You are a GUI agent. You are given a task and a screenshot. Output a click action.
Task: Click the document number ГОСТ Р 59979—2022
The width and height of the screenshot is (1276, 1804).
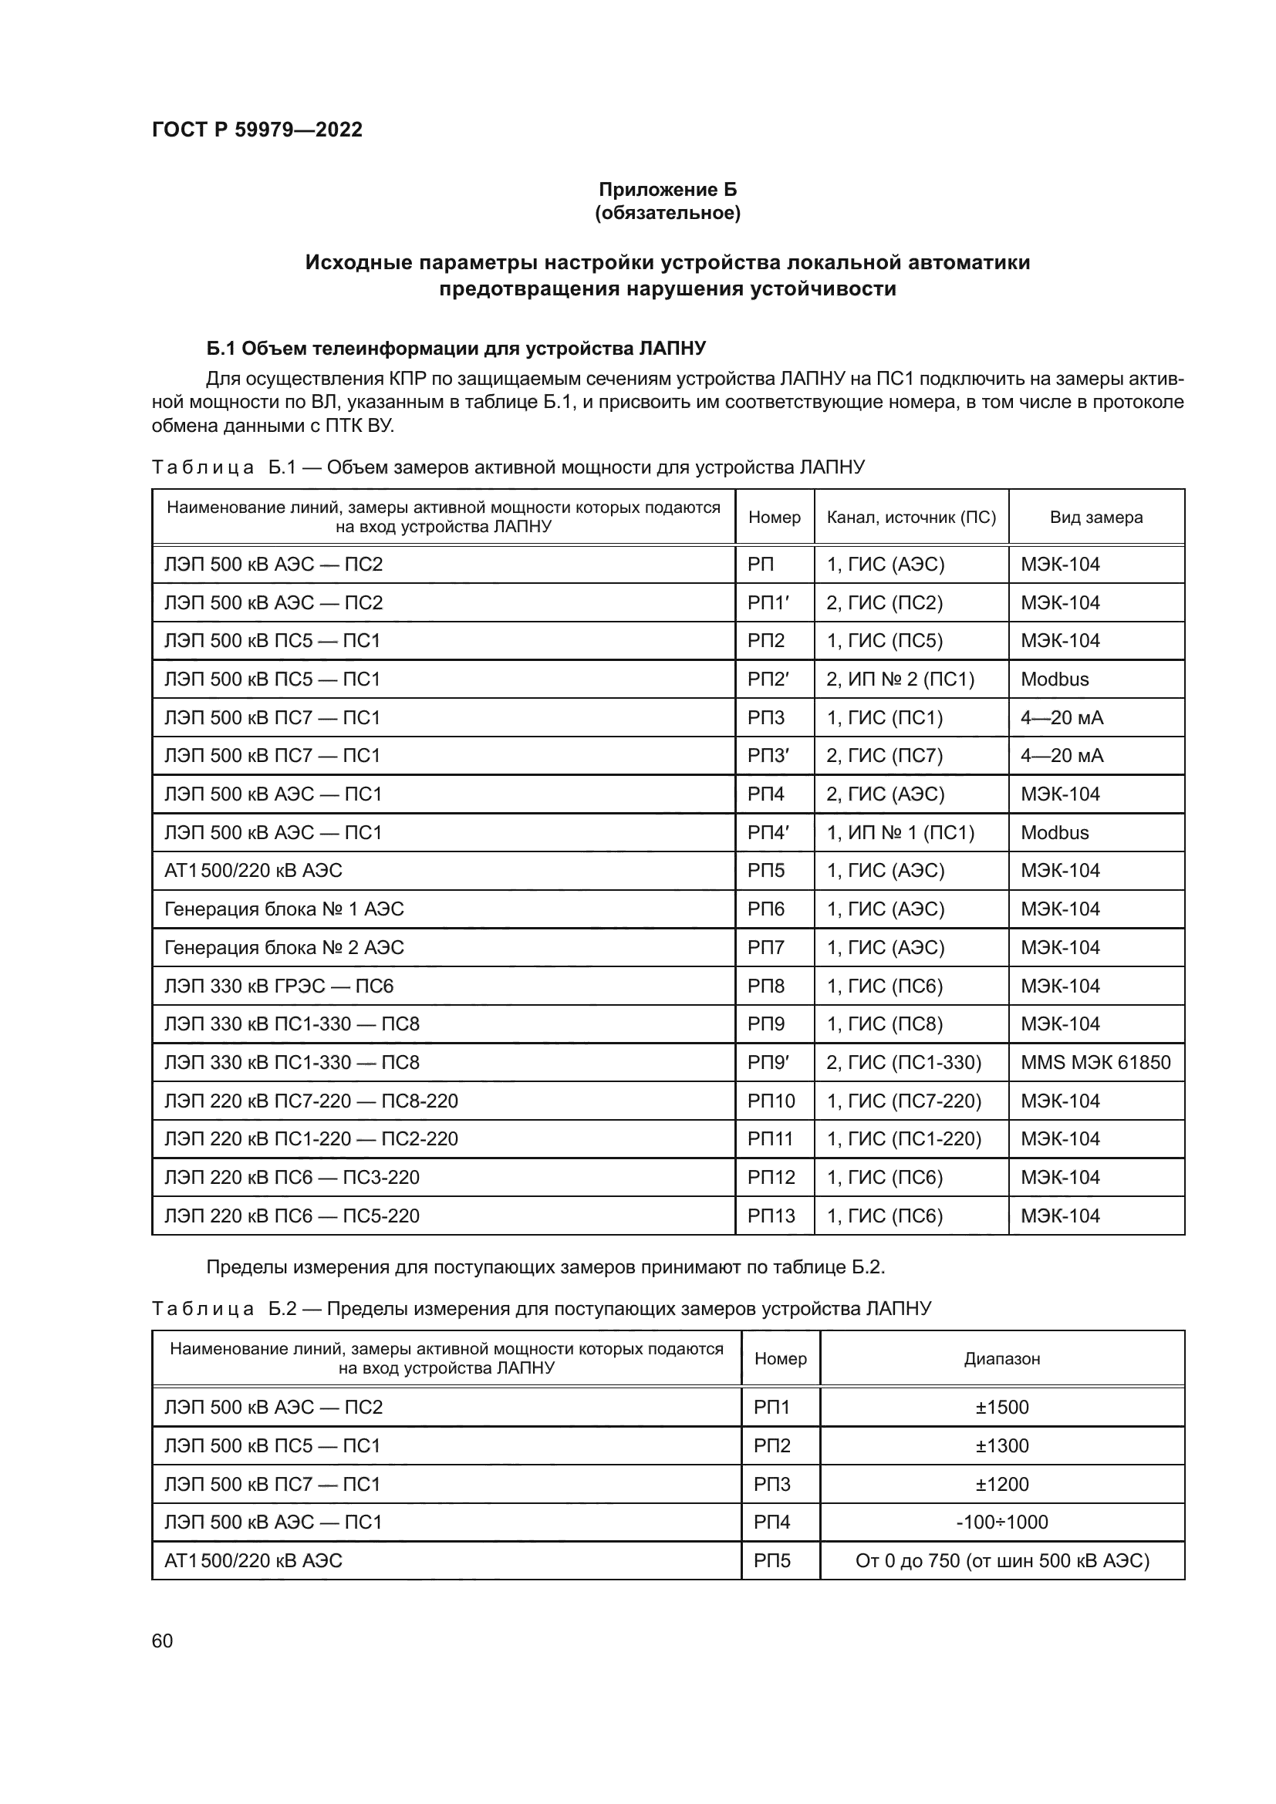coord(257,130)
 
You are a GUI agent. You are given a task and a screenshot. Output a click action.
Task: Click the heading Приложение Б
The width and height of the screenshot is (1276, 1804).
coord(667,190)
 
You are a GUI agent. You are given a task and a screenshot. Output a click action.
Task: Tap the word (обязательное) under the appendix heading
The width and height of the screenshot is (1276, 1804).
coord(667,213)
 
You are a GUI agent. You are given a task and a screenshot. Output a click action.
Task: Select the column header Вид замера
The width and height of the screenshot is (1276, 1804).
coord(1095,517)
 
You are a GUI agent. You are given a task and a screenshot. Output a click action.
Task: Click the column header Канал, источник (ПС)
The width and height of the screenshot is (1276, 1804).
coord(910,517)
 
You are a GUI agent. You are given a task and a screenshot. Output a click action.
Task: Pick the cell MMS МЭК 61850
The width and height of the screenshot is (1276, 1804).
coord(1095,1062)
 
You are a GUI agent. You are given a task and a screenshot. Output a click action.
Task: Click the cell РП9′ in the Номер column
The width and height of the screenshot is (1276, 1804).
coord(768,1062)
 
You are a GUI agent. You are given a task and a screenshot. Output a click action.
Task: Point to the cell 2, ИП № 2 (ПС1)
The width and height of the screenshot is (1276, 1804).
coord(900,679)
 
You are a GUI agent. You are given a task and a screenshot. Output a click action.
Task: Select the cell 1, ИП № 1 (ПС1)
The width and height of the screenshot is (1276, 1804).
coord(900,832)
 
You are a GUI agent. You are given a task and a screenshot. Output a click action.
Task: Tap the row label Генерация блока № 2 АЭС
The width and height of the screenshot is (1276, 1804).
coord(284,948)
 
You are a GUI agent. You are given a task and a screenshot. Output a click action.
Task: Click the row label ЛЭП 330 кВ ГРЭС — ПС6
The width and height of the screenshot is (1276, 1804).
coord(278,986)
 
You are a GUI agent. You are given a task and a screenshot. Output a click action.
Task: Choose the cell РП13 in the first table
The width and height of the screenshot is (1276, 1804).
coord(771,1216)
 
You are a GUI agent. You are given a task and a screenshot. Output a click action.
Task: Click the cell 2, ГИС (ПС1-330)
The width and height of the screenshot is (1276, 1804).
coord(903,1062)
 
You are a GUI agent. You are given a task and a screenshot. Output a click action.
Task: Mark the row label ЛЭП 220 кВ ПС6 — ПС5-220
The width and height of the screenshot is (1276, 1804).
coord(292,1216)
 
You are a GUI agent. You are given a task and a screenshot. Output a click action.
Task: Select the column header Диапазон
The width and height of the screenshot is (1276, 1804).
coord(1002,1358)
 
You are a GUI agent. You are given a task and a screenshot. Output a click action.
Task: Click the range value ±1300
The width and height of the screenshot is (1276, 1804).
coord(1002,1445)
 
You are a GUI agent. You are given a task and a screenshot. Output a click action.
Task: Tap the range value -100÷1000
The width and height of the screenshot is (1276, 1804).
coord(1002,1522)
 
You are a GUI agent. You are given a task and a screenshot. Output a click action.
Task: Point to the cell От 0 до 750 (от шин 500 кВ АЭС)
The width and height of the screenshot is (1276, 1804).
coord(1002,1560)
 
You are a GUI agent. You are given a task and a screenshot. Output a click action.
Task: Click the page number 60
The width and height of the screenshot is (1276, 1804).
coord(162,1641)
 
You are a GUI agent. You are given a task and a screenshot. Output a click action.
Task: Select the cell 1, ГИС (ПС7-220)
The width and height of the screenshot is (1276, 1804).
coord(903,1101)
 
